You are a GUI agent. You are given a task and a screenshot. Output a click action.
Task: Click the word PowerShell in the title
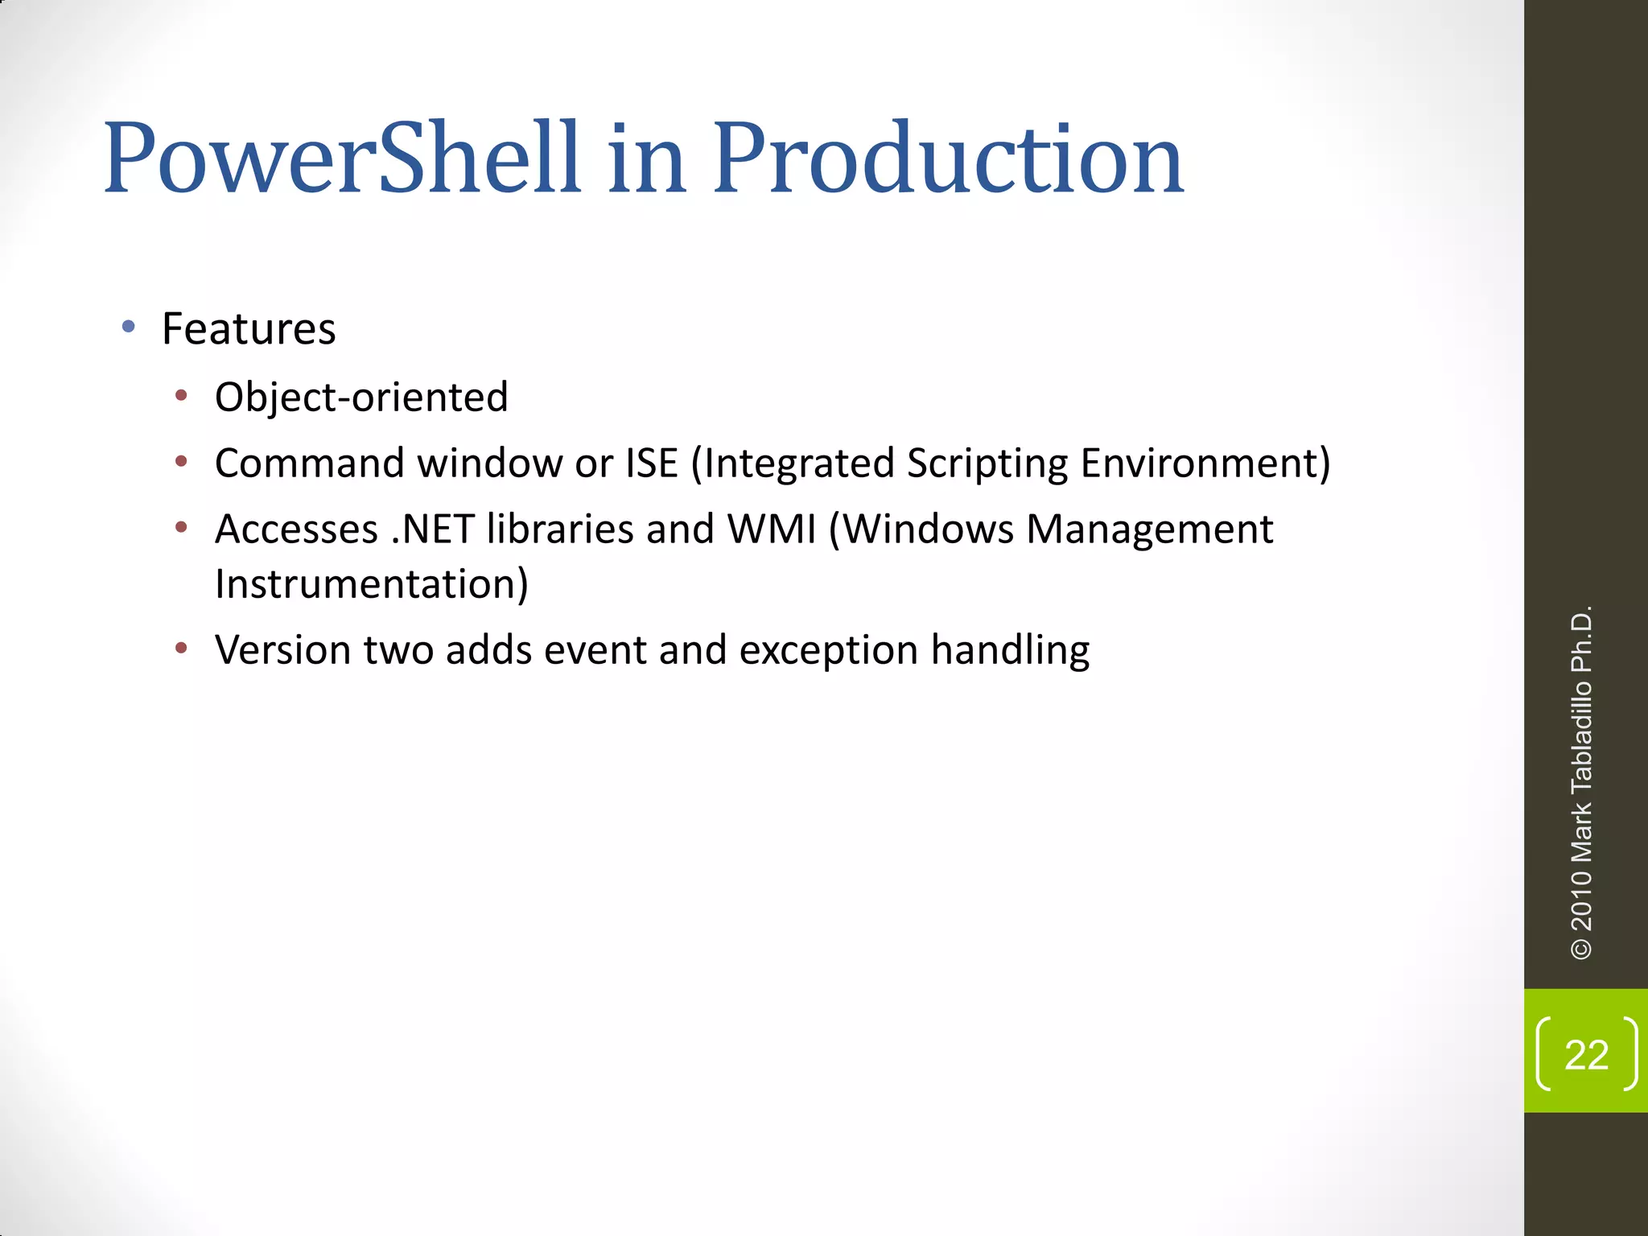point(341,158)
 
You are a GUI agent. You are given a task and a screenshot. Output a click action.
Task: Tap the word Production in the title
point(948,158)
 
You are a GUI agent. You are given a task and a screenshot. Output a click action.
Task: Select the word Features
point(249,329)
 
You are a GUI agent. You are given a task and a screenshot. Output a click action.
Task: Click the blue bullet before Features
point(129,327)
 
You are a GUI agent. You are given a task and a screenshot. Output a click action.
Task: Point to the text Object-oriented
point(361,398)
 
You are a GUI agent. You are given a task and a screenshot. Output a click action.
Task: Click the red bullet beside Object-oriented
point(182,395)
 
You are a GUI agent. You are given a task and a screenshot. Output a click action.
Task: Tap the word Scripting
point(987,463)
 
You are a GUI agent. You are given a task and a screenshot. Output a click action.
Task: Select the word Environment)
point(1205,463)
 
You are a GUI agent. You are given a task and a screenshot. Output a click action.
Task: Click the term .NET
point(432,529)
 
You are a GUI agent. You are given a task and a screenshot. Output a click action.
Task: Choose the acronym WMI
point(772,529)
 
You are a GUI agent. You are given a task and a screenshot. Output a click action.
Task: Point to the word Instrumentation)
point(372,584)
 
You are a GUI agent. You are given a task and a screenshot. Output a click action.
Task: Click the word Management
point(1150,529)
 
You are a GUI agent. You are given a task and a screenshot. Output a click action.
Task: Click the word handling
point(1010,650)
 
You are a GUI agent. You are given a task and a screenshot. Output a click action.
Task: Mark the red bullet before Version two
point(182,648)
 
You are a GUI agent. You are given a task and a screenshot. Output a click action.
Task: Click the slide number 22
point(1586,1054)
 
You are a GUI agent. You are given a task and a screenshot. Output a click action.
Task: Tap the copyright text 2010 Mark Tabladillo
point(1581,805)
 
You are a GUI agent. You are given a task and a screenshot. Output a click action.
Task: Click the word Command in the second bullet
point(309,463)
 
